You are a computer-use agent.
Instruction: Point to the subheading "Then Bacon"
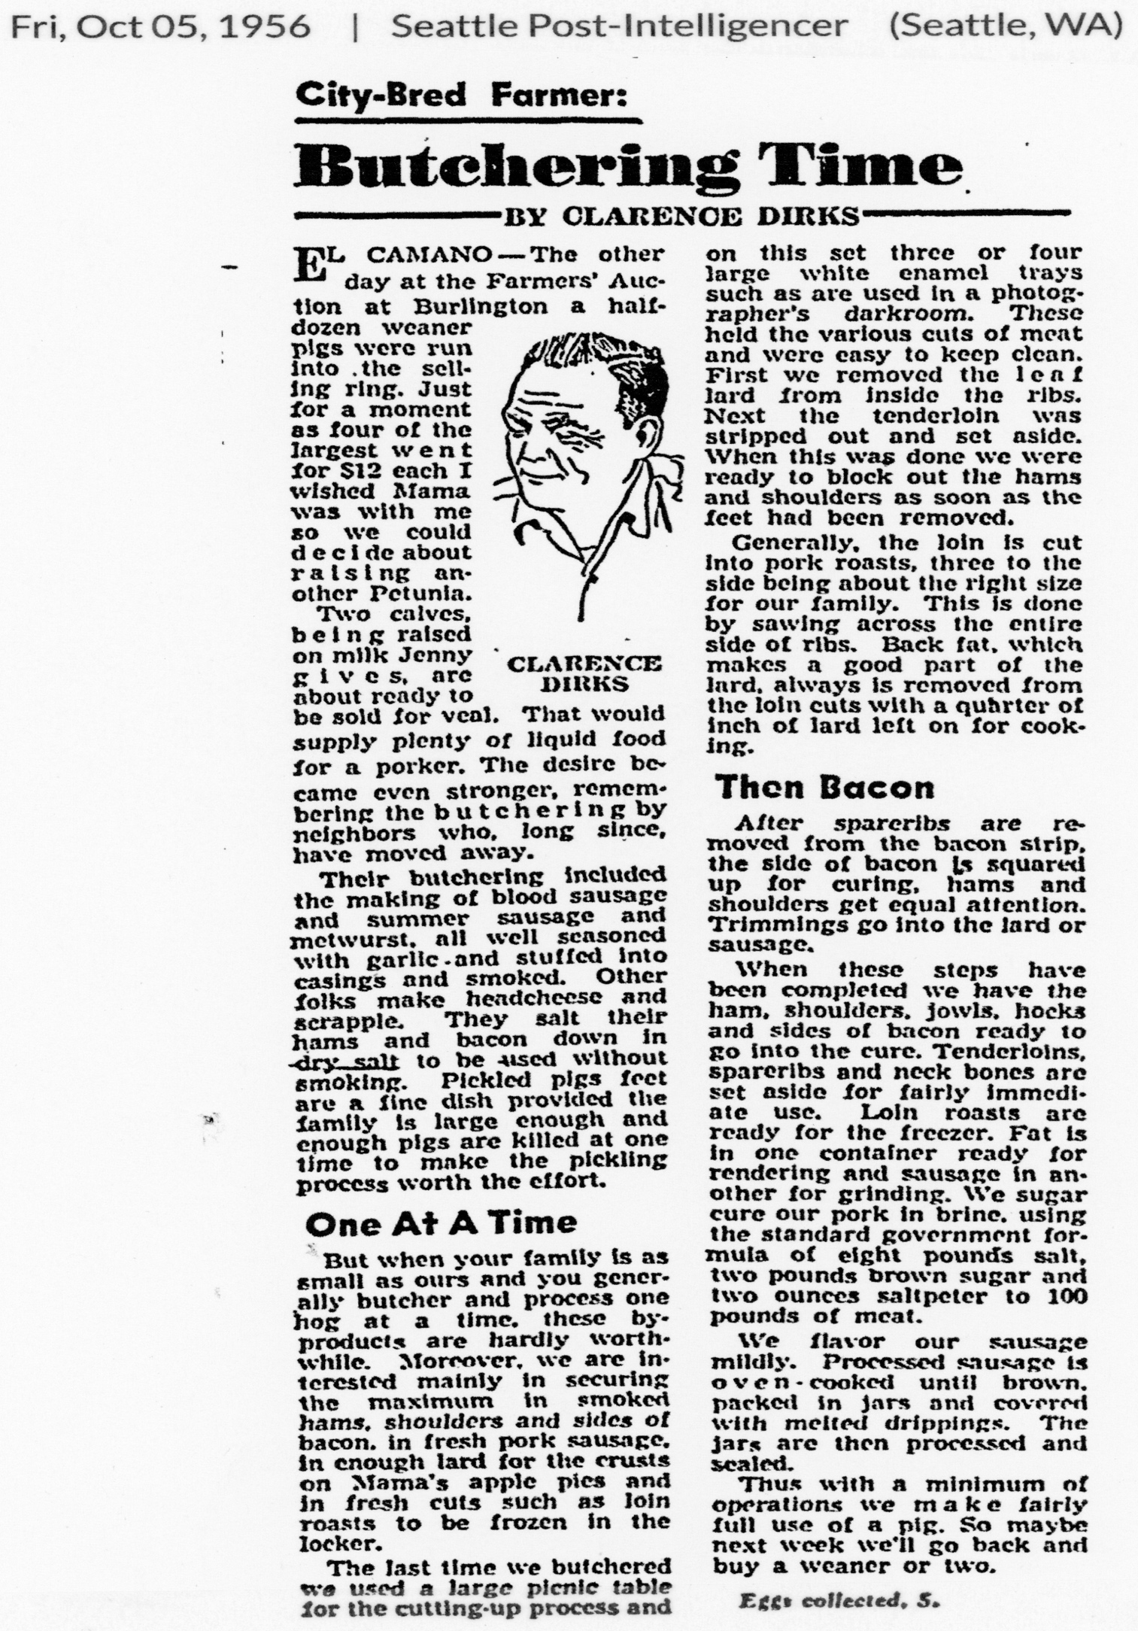(824, 788)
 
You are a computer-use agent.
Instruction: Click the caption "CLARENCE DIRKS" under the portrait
(584, 674)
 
